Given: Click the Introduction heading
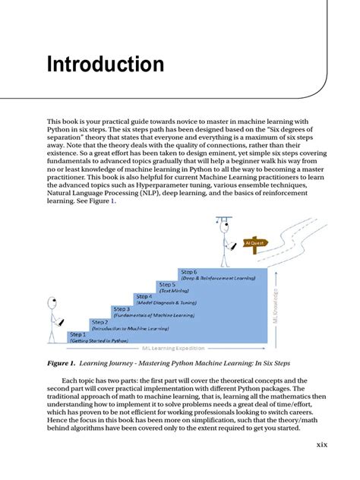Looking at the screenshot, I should pos(106,63).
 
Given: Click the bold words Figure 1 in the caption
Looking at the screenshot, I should pos(66,363).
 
